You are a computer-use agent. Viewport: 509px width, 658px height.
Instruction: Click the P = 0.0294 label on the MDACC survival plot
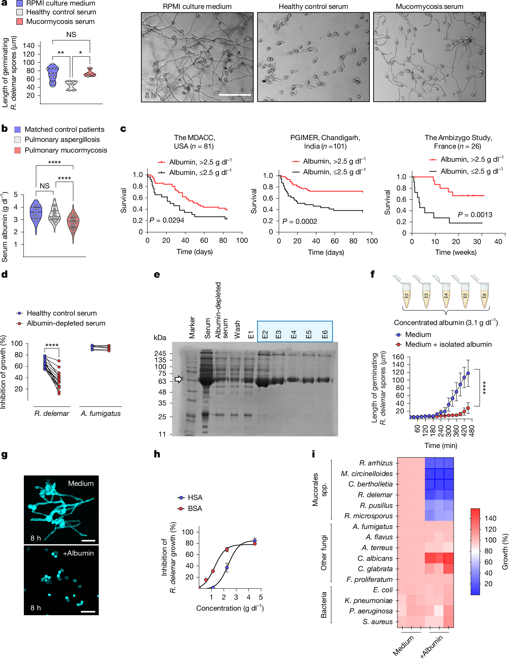pos(167,220)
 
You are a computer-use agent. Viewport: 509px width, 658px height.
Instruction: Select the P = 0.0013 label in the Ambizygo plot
pos(475,215)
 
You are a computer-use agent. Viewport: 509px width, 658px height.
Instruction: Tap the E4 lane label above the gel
pos(293,334)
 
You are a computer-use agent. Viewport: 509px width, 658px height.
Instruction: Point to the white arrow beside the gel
pos(179,379)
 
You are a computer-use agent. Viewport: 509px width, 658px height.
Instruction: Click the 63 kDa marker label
pos(162,381)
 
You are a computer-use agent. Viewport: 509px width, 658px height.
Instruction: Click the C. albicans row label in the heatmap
pos(375,558)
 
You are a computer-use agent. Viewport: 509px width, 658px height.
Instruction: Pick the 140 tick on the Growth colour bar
pos(490,518)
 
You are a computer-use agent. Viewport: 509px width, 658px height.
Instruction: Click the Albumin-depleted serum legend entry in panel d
pos(66,323)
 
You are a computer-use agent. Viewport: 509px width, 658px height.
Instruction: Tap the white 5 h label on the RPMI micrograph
pos(150,96)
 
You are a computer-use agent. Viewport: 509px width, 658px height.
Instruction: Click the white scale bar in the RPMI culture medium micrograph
pos(235,95)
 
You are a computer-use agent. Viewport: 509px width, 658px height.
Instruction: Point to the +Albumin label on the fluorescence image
pos(78,553)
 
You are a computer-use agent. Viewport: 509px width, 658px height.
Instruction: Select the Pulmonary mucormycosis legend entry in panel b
pos(66,150)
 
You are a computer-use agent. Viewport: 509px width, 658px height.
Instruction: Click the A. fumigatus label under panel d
pos(101,413)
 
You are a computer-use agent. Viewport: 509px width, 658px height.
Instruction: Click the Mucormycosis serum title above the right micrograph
pos(429,6)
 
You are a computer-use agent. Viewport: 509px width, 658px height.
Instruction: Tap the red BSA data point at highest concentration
pos(255,544)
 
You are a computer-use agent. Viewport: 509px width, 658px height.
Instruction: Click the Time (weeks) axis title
pos(456,252)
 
